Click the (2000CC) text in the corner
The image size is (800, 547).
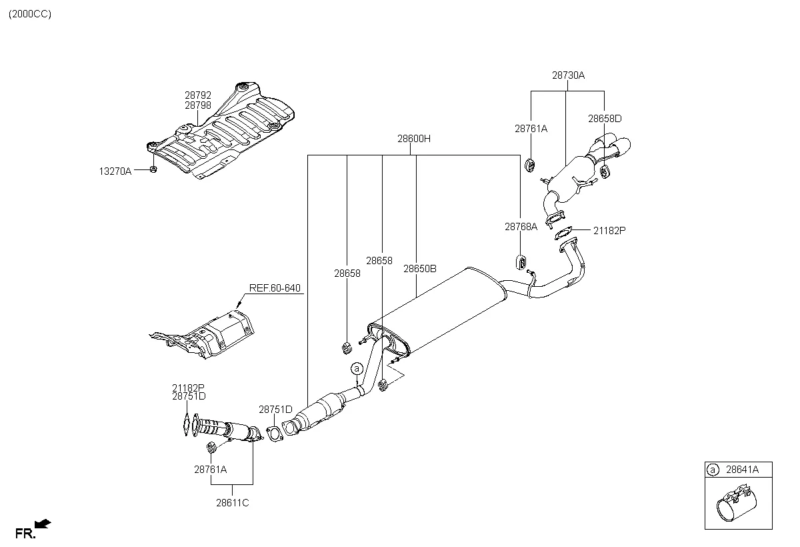30,14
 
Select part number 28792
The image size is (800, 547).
198,96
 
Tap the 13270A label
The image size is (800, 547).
115,171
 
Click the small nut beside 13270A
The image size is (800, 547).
153,170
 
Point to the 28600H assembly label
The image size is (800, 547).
414,139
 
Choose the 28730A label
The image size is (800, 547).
567,75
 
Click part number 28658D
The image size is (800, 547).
604,118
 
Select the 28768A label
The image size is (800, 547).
521,227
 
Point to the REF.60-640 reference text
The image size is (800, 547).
275,288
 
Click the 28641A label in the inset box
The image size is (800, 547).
742,470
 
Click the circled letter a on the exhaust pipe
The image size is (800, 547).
357,369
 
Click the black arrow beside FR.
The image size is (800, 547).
44,524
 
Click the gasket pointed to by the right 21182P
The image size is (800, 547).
563,233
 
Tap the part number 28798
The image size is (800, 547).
198,105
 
